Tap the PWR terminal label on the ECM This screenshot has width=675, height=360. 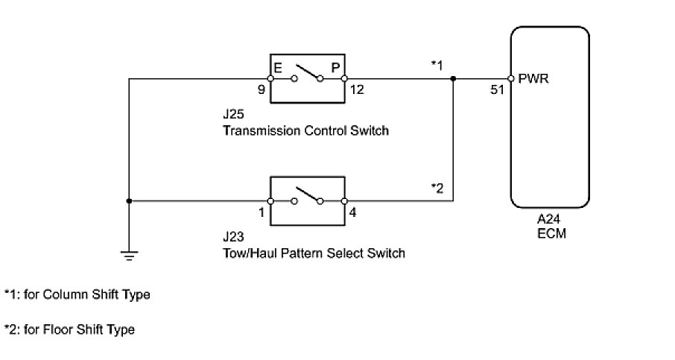[x=533, y=78]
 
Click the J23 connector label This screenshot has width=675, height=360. [x=233, y=239]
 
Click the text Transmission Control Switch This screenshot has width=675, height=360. [x=305, y=131]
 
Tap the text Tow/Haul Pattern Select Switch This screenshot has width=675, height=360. [x=313, y=253]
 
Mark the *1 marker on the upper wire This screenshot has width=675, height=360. [x=437, y=66]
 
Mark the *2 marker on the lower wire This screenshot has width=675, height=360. [x=437, y=188]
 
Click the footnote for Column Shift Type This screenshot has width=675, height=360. [x=77, y=295]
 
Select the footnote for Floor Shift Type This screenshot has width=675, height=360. [x=70, y=329]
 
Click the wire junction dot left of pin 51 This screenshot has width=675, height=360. [x=454, y=78]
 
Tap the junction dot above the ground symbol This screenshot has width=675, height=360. [x=129, y=200]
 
